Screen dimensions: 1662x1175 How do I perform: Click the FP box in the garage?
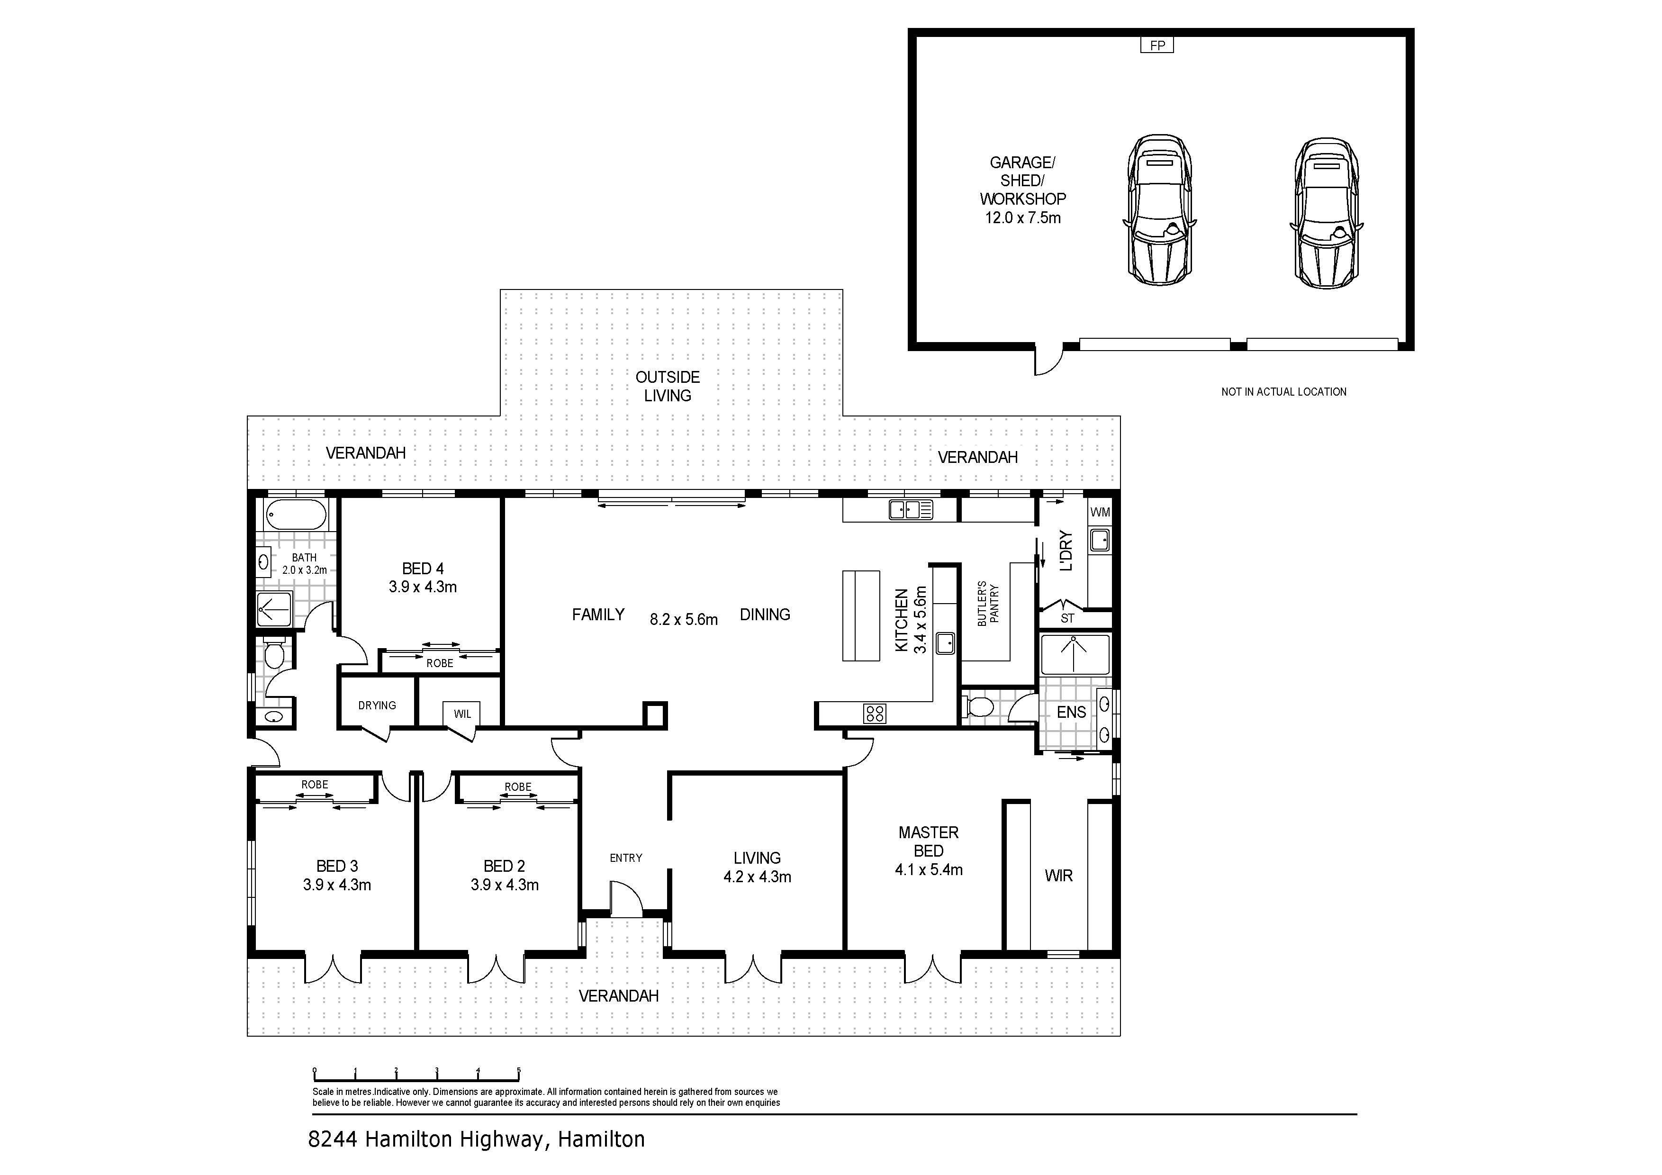pos(1157,45)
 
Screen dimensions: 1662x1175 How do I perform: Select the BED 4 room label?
pos(423,569)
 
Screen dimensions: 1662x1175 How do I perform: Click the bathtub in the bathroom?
pos(296,515)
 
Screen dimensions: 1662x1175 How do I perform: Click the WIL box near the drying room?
pos(462,714)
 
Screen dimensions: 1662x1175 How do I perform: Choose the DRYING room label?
pos(377,705)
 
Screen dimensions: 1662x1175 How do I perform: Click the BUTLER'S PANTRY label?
pos(988,603)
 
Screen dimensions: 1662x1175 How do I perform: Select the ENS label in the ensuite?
pos(1071,713)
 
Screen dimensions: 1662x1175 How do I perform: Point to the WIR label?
pos(1058,876)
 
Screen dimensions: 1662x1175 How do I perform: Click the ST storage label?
pos(1068,618)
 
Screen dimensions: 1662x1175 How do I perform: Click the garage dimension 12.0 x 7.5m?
pos(1023,218)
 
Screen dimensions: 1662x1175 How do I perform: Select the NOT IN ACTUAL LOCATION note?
pos(1283,392)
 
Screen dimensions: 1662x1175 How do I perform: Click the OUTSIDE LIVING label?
pos(668,387)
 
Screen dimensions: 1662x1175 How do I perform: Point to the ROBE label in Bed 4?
pos(439,663)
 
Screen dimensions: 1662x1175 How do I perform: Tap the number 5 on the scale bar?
pos(519,1069)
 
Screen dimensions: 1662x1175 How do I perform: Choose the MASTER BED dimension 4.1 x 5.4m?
pos(929,870)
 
